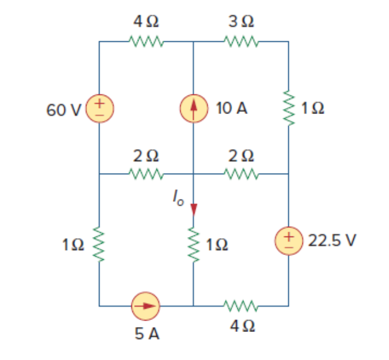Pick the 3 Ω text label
click(241, 22)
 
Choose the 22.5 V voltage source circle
click(289, 241)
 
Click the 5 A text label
click(146, 333)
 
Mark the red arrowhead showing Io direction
click(193, 209)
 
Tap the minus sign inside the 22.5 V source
click(289, 247)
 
